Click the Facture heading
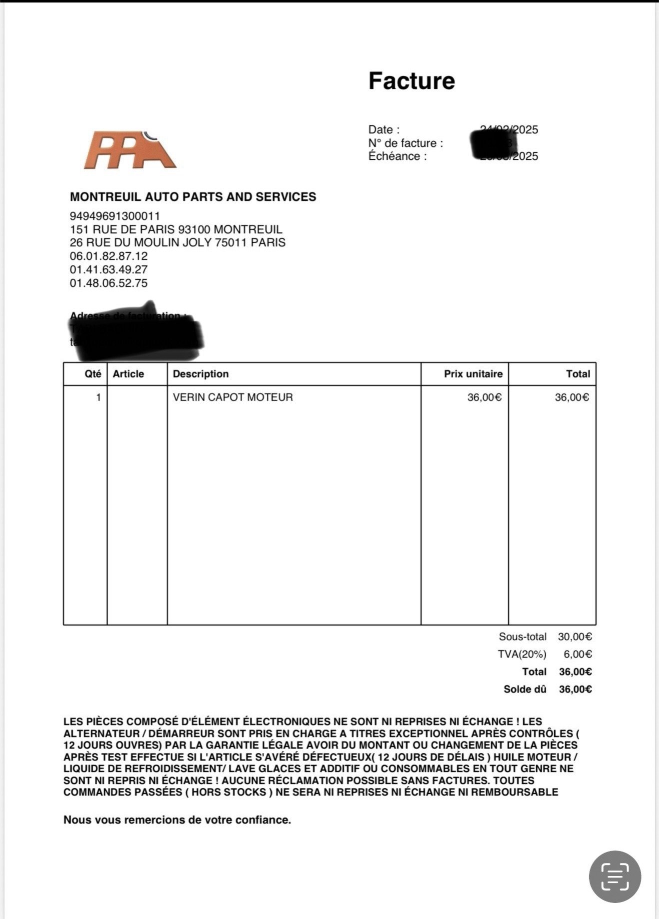click(x=411, y=81)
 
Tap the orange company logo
click(x=129, y=150)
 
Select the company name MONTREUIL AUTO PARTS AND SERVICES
click(x=193, y=197)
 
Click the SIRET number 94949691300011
click(x=115, y=216)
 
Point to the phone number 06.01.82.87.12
click(x=108, y=256)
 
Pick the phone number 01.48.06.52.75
click(x=108, y=283)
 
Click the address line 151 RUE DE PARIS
click(x=176, y=229)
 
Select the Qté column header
click(x=93, y=374)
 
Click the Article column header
click(x=128, y=374)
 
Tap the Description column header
click(x=201, y=374)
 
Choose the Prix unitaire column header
click(x=473, y=374)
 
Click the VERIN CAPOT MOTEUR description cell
click(x=233, y=397)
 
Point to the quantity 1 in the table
click(x=98, y=397)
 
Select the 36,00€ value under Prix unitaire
click(x=484, y=397)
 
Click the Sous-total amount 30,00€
click(x=575, y=637)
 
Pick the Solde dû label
click(x=525, y=689)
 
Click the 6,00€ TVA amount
click(x=578, y=654)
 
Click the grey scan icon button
click(x=615, y=877)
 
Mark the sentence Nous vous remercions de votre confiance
click(x=177, y=820)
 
